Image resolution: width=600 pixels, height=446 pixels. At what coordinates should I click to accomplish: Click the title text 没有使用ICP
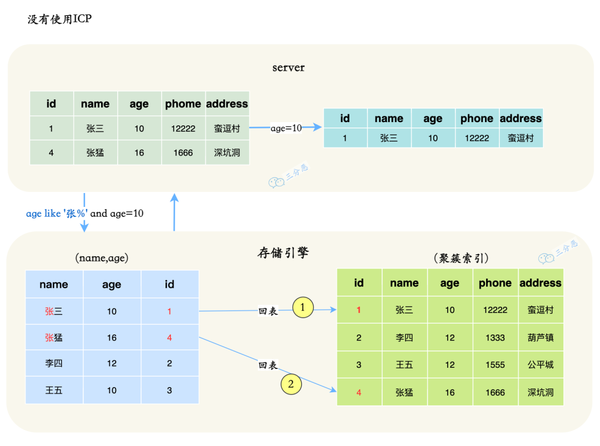tap(59, 19)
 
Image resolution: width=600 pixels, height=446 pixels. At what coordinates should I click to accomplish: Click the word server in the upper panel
tap(288, 68)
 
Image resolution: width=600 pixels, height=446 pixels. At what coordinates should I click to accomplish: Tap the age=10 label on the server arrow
tap(286, 128)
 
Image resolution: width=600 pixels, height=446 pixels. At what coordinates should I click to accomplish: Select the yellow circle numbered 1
tap(303, 307)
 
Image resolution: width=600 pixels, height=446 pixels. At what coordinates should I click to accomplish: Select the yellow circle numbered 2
tap(291, 383)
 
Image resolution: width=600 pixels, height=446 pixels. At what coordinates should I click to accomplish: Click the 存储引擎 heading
tap(283, 254)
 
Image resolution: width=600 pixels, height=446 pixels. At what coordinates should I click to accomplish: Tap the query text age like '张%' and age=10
tap(84, 213)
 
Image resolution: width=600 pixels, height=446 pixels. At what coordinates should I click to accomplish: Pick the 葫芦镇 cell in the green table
tap(540, 337)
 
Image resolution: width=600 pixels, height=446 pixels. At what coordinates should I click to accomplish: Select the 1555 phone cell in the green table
tap(494, 364)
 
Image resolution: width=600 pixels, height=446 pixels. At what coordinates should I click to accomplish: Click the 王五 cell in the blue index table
tap(54, 390)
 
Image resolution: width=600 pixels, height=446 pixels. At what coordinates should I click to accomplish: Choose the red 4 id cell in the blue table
tap(169, 337)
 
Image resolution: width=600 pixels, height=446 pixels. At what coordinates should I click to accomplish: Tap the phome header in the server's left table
tap(183, 104)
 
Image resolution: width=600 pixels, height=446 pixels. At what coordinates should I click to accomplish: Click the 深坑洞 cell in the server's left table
tap(227, 153)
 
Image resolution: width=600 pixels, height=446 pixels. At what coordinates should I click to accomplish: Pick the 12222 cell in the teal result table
tap(477, 138)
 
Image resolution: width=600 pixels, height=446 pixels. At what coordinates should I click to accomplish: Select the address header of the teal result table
tap(521, 118)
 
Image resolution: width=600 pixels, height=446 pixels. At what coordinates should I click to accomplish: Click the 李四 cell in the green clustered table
tap(404, 337)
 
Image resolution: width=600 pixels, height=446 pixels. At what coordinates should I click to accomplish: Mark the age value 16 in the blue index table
tap(112, 337)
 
